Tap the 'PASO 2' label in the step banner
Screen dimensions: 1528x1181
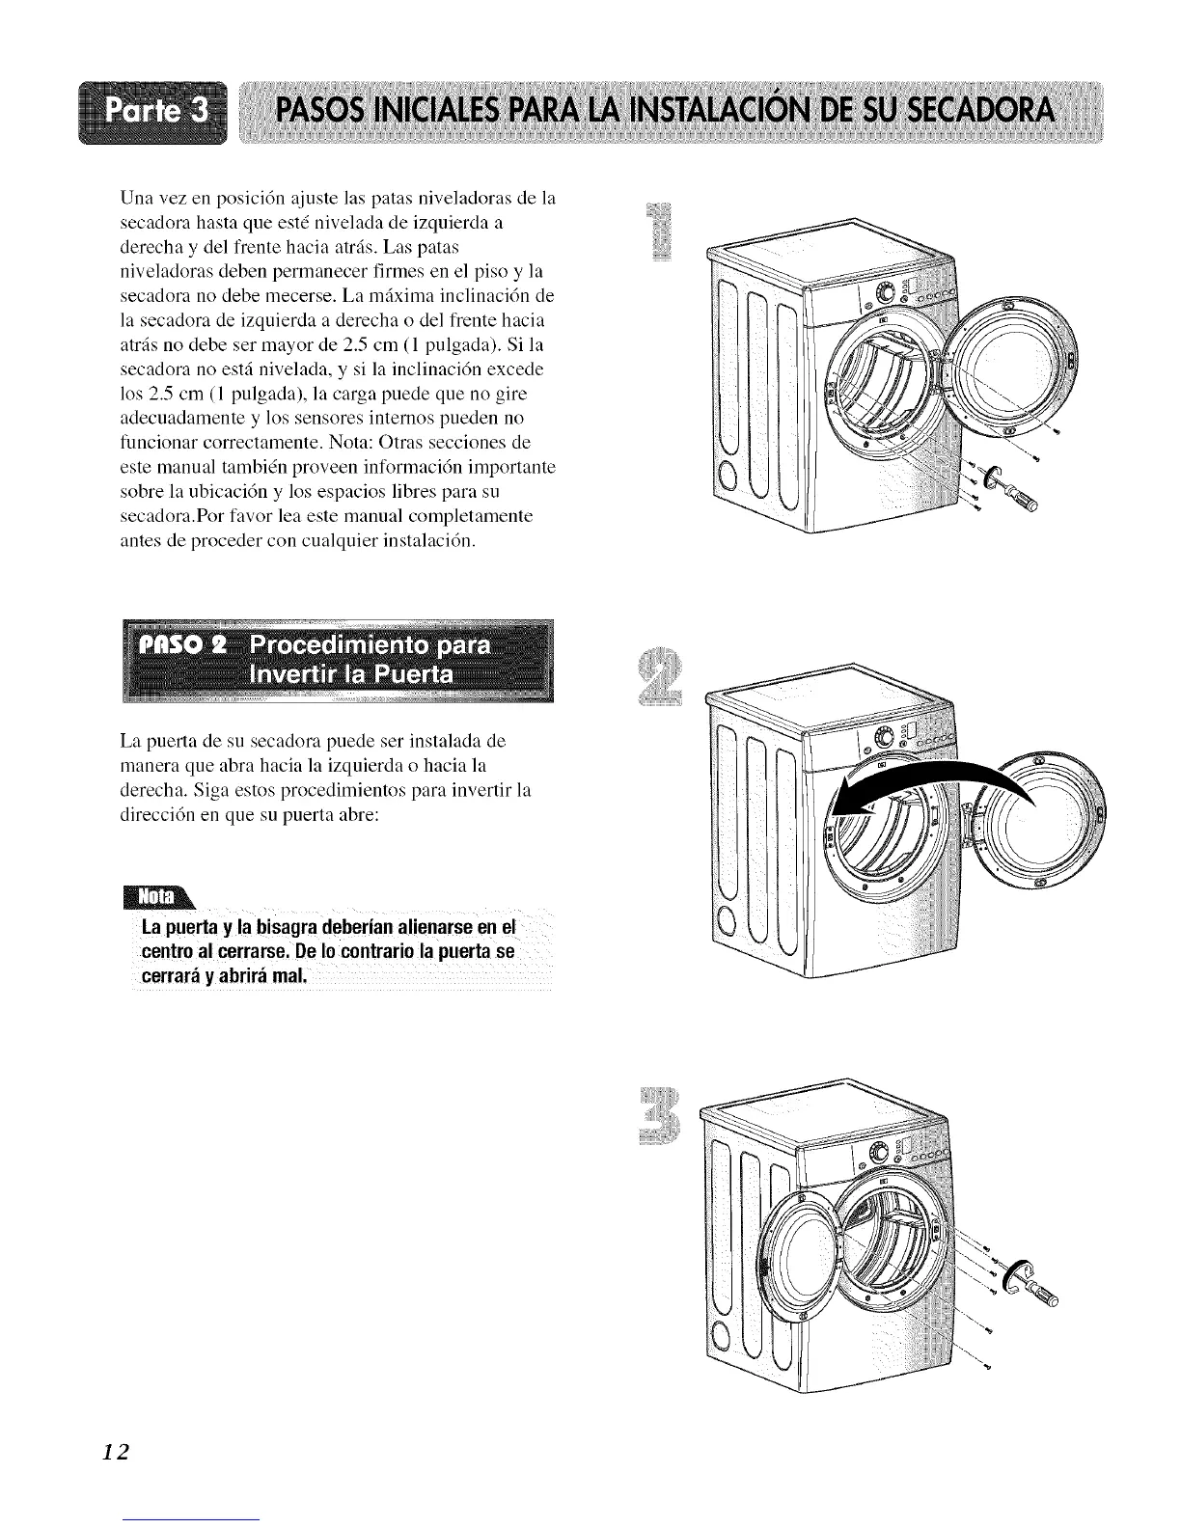point(184,645)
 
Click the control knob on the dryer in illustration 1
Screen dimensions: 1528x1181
point(886,293)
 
